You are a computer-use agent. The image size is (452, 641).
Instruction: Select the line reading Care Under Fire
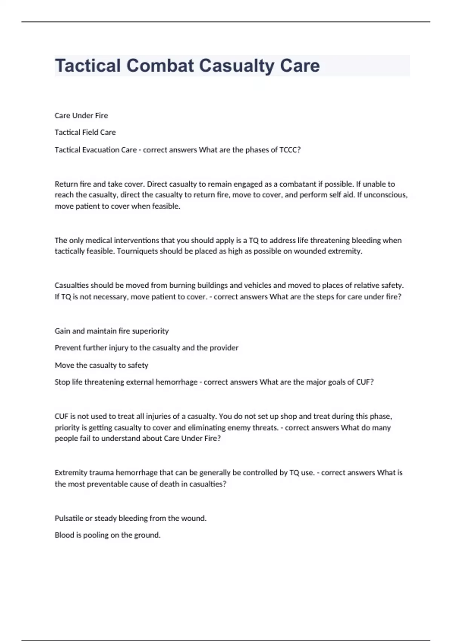point(81,115)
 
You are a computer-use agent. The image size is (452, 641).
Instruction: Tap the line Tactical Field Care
point(85,132)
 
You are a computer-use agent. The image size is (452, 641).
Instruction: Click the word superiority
point(150,331)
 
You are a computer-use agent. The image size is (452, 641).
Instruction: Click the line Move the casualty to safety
point(101,365)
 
